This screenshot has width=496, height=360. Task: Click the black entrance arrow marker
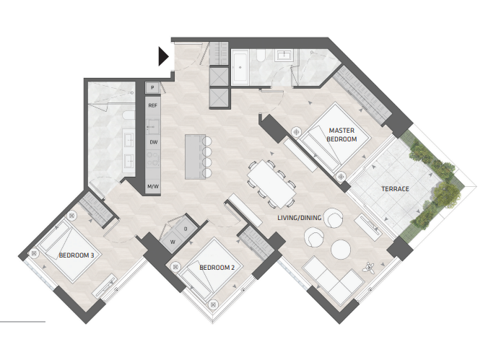click(163, 56)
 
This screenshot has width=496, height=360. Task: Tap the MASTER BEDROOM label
click(341, 135)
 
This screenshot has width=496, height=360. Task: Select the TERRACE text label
click(395, 189)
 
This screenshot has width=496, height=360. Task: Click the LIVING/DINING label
click(299, 218)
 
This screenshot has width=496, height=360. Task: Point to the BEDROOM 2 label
click(217, 268)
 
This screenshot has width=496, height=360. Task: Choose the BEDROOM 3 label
click(77, 255)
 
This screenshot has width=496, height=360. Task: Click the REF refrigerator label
click(152, 105)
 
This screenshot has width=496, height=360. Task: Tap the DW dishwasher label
click(153, 142)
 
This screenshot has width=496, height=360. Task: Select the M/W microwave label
click(153, 186)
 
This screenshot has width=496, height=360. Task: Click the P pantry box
click(152, 87)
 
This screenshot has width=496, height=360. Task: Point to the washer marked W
click(173, 242)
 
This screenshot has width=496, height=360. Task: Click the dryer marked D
click(186, 229)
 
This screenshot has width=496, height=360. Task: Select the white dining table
click(271, 184)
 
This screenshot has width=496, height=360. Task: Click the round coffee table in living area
click(341, 249)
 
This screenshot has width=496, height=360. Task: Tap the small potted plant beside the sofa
click(369, 268)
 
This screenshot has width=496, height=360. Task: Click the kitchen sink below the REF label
click(152, 126)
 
